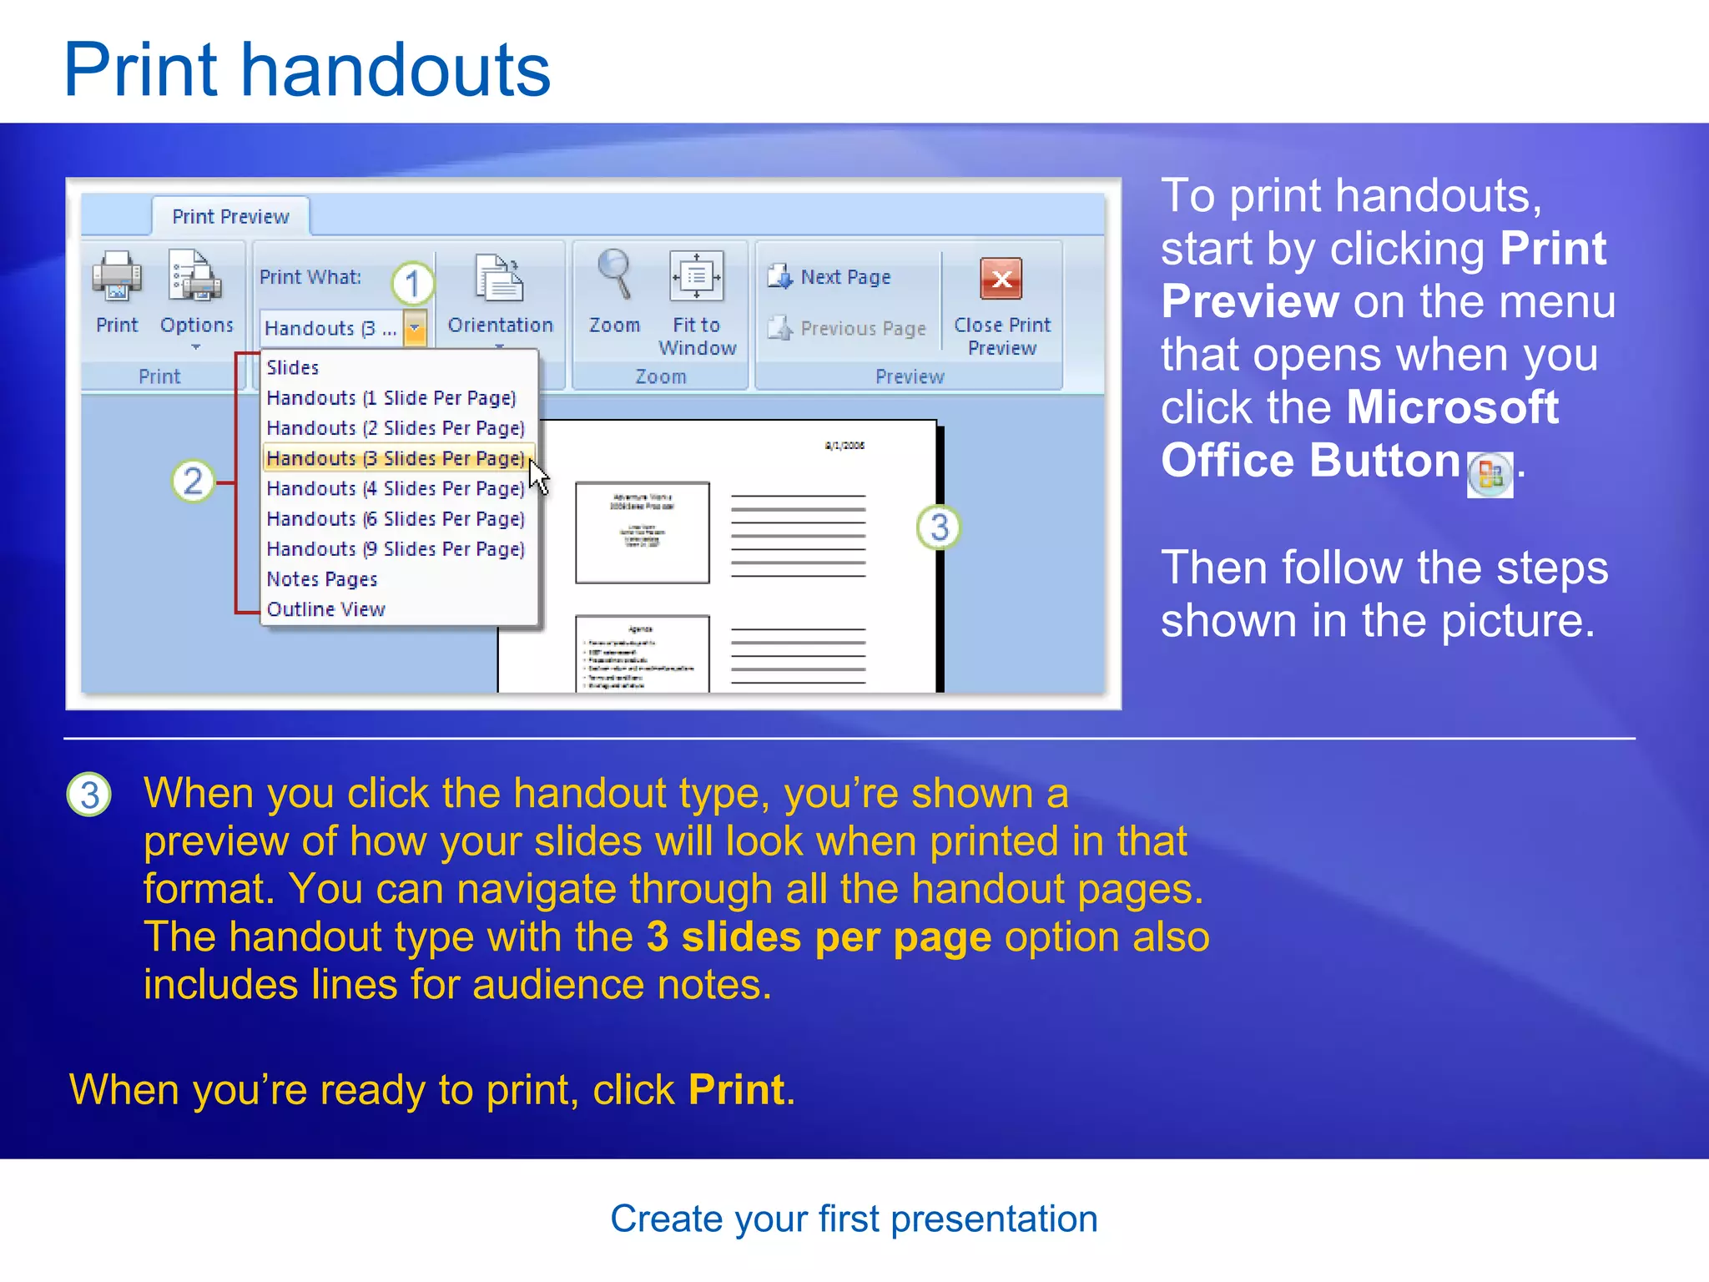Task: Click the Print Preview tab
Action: point(230,217)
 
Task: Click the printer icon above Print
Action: point(117,276)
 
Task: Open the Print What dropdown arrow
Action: point(415,328)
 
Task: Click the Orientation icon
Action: point(499,278)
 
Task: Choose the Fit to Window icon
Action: point(697,276)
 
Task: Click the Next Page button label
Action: point(845,277)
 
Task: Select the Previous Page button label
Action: point(863,329)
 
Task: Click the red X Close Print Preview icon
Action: point(1001,279)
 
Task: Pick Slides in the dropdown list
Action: point(293,367)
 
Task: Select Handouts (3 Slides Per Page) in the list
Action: point(396,458)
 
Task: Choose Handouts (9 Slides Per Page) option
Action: point(396,549)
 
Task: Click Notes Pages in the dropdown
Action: point(322,579)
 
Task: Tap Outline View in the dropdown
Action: point(326,609)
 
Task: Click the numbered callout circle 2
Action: point(193,482)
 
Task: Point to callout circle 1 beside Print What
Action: point(413,284)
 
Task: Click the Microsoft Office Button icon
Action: point(1490,476)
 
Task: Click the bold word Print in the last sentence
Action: point(737,1090)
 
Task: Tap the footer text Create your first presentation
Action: point(854,1219)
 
